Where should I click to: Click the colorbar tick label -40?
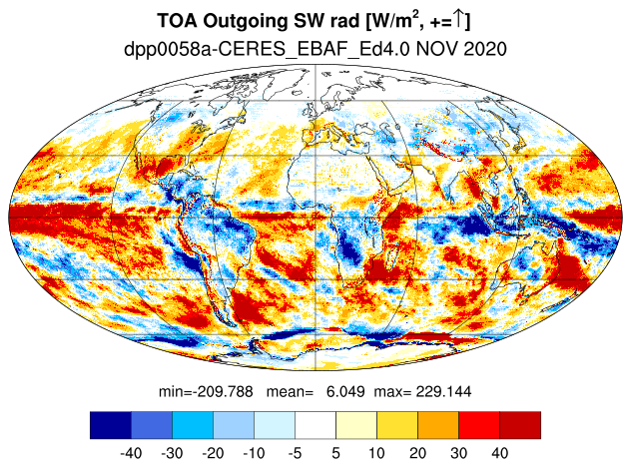click(x=131, y=453)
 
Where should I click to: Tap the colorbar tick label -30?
click(x=172, y=453)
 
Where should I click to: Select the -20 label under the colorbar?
click(x=213, y=453)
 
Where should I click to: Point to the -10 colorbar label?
click(x=254, y=453)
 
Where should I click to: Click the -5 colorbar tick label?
click(x=295, y=453)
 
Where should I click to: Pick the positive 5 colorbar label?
click(x=336, y=453)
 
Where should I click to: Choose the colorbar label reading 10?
click(x=376, y=453)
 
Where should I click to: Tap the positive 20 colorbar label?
click(x=417, y=453)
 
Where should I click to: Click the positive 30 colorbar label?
click(x=458, y=453)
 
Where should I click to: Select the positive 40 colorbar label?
click(x=500, y=453)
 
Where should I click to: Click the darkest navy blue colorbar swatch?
click(x=111, y=425)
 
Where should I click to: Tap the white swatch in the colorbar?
click(x=315, y=425)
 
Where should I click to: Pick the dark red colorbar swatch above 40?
click(x=520, y=425)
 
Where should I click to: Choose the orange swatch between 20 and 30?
click(x=438, y=425)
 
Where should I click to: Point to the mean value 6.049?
click(x=345, y=391)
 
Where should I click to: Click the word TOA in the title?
click(x=177, y=21)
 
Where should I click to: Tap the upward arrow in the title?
click(x=458, y=20)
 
